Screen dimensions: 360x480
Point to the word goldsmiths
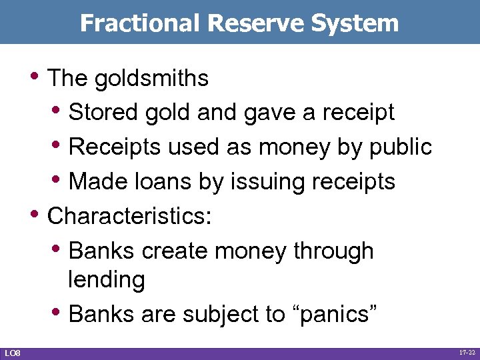click(152, 79)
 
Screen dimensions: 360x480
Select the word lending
click(106, 279)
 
